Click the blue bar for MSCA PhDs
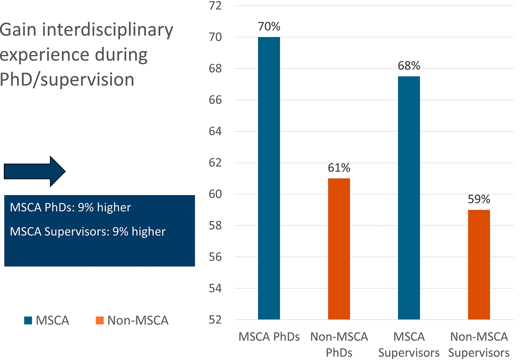pos(269,178)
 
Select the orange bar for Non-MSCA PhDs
pos(339,249)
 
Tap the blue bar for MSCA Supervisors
pos(409,198)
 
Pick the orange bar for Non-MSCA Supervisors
pos(479,265)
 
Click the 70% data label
pos(269,26)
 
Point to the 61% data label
pos(339,168)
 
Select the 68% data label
pos(409,65)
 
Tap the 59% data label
pos(479,199)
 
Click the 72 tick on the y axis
pos(215,6)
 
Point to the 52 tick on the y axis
pos(215,320)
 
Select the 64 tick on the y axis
pos(215,131)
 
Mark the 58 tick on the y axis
pos(215,225)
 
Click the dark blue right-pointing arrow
pos(35,171)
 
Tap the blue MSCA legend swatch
pos(28,320)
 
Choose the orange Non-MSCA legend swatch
pos(100,320)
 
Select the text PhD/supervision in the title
pos(67,79)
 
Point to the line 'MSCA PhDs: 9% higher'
pos(70,207)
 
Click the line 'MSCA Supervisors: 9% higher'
pos(88,232)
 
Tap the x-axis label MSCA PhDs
pos(269,337)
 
